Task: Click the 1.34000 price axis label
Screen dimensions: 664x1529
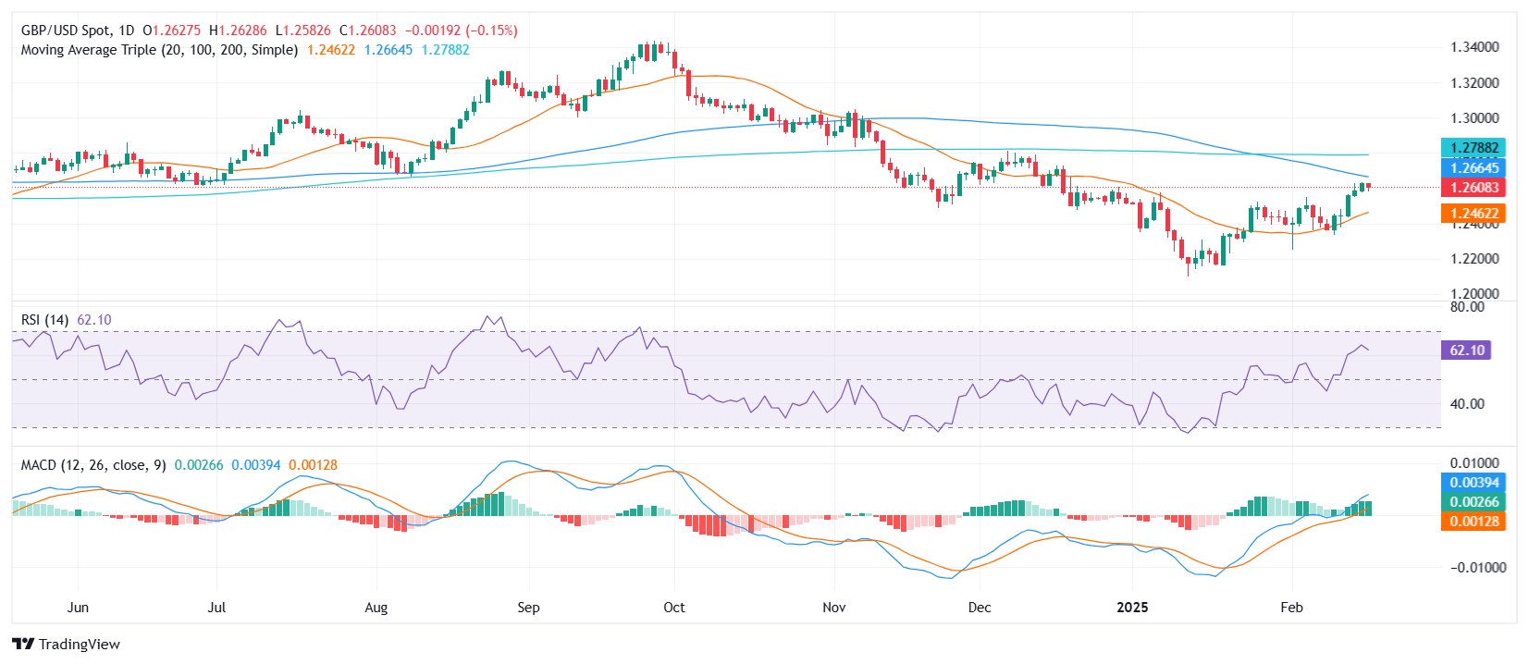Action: (x=1474, y=47)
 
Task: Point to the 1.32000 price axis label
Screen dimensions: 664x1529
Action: (x=1474, y=83)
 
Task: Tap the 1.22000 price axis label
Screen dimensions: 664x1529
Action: (x=1474, y=259)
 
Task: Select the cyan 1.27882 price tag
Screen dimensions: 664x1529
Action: (x=1474, y=148)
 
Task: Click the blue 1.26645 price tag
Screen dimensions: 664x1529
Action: (x=1474, y=167)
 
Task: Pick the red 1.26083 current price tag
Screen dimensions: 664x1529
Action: (x=1474, y=187)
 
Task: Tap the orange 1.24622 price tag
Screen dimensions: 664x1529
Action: (x=1474, y=214)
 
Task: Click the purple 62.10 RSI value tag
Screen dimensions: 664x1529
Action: (x=1466, y=350)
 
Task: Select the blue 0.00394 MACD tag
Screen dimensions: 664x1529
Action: (x=1474, y=483)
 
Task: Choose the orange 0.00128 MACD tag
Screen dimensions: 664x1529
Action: (x=1474, y=522)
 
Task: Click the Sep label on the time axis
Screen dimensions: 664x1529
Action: (x=528, y=608)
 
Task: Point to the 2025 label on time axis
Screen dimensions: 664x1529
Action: (x=1132, y=608)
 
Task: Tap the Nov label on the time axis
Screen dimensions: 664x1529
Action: (x=834, y=608)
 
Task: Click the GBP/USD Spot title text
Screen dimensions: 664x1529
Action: (x=65, y=31)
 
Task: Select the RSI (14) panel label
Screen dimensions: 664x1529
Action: (x=44, y=320)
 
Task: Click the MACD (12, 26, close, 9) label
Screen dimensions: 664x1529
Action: (x=93, y=465)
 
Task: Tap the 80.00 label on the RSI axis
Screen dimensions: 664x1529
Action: (x=1467, y=307)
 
